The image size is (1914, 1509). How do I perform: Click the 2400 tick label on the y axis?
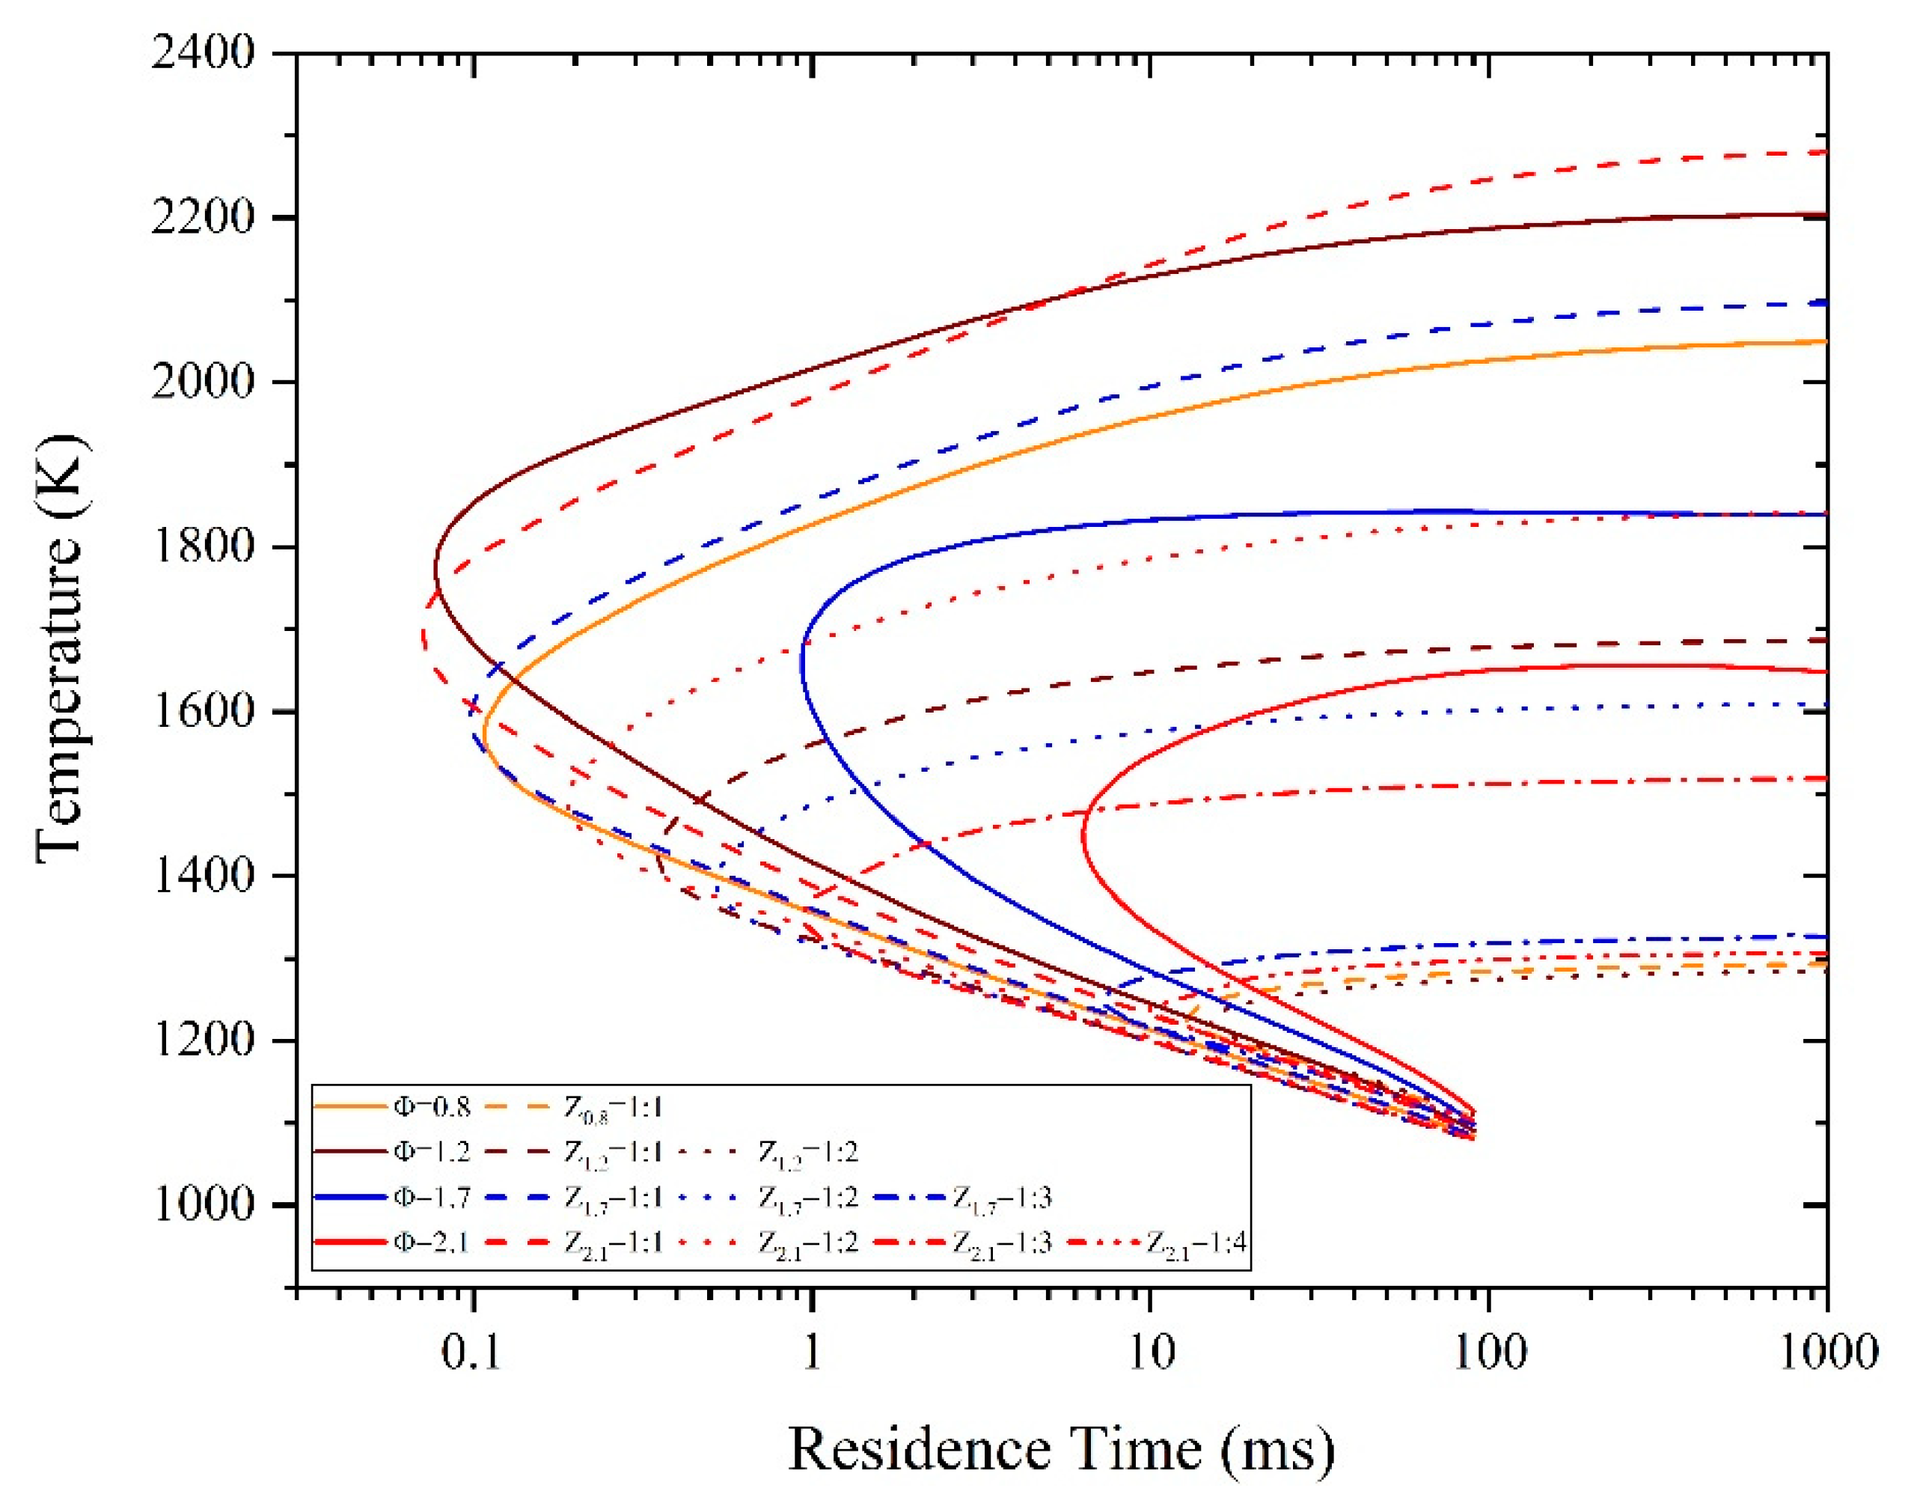pyautogui.click(x=202, y=53)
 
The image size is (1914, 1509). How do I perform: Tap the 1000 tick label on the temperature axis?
pyautogui.click(x=202, y=1204)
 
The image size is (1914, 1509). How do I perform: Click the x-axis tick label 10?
pyautogui.click(x=1151, y=1353)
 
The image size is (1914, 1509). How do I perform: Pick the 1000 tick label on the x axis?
pyautogui.click(x=1826, y=1353)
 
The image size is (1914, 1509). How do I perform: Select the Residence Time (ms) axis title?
pyautogui.click(x=1060, y=1450)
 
